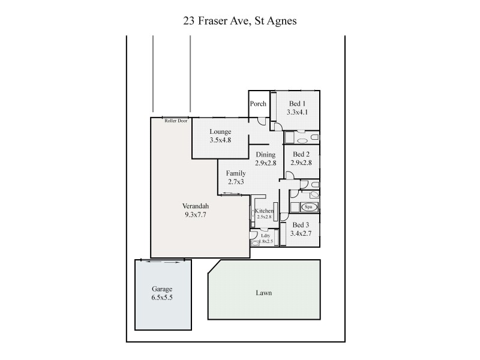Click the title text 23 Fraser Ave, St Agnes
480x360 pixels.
(240, 20)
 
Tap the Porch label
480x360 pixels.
(258, 104)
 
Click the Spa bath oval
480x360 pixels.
(309, 207)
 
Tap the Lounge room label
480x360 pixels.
(220, 131)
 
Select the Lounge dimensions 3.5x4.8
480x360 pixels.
(220, 140)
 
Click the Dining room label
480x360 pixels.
(265, 154)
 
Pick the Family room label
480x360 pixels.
(236, 173)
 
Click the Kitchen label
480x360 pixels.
(264, 211)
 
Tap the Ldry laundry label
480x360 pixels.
(265, 236)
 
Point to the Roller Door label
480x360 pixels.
(176, 121)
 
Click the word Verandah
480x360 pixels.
(196, 206)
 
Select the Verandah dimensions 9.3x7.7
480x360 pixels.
(196, 214)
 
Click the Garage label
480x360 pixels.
(162, 289)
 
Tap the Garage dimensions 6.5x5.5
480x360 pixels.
(162, 297)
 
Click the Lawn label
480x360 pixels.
(263, 293)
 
